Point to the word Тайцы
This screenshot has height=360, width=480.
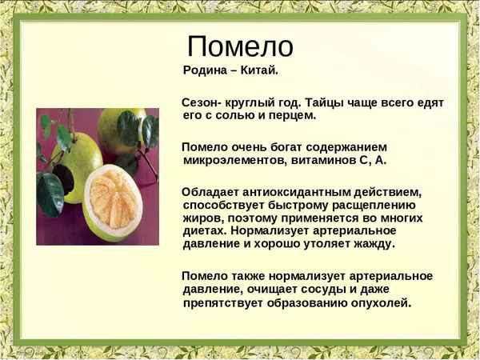tap(318, 103)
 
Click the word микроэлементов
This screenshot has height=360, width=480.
tap(228, 160)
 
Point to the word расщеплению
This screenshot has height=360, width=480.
tap(375, 206)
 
